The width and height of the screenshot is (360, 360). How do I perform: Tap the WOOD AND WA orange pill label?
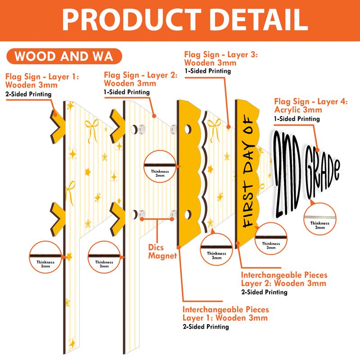tap(64, 56)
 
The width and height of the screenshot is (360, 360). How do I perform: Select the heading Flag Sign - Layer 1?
tap(42, 76)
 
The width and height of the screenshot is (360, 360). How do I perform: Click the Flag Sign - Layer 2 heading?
tap(141, 75)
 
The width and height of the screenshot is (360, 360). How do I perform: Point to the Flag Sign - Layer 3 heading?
tap(221, 54)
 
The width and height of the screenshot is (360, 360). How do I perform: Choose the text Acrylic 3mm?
tap(298, 110)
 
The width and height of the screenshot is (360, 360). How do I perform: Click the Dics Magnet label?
tap(162, 252)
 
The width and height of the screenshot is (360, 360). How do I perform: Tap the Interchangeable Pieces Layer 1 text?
tap(225, 314)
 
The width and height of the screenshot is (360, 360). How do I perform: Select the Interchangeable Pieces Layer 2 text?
tap(284, 279)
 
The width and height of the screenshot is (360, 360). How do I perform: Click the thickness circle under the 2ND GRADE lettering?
tap(320, 219)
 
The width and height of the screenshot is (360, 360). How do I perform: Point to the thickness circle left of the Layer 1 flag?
tap(45, 257)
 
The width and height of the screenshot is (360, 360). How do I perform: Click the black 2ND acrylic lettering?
tap(287, 174)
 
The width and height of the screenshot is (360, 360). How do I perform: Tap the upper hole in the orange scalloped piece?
tap(188, 130)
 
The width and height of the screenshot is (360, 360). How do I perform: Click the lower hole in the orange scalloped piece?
tap(188, 215)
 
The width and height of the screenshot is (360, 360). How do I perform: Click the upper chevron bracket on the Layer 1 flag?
tap(58, 126)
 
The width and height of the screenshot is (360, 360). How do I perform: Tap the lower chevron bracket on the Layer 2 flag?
tap(117, 220)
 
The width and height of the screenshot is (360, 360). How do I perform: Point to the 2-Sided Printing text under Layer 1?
tap(28, 94)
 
